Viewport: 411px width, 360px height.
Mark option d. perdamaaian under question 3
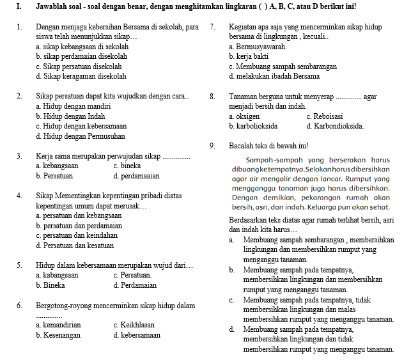(136, 175)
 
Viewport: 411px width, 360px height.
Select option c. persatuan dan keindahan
(77, 235)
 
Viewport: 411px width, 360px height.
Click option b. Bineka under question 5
(50, 285)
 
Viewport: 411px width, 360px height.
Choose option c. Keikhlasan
(133, 325)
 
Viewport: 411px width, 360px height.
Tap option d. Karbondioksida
(335, 126)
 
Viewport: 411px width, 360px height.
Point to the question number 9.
(212, 146)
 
